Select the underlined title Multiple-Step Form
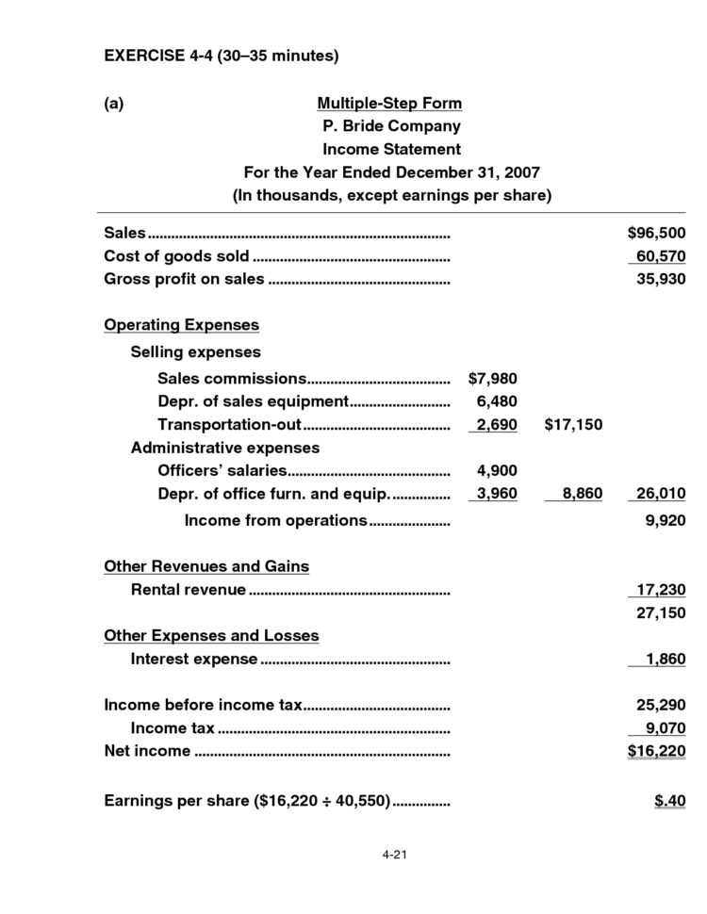coord(389,103)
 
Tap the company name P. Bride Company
coord(390,126)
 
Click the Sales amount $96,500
coord(656,233)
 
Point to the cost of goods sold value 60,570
coord(659,256)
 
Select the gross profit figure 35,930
coord(659,280)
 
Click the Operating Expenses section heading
coord(181,325)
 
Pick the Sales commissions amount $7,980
coord(492,379)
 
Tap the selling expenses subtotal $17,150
coord(573,425)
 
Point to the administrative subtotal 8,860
coord(576,493)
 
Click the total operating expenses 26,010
coord(659,493)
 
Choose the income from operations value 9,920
coord(664,520)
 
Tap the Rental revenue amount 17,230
coord(659,590)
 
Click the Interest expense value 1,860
coord(664,659)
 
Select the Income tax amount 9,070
coord(664,727)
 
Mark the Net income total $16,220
coord(656,751)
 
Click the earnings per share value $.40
coord(669,801)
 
